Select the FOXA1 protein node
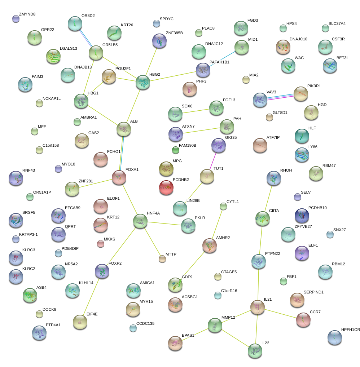tap(119, 177)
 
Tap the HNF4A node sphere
tap(140, 221)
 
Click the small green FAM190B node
tap(176, 149)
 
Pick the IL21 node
tap(258, 306)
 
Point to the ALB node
tap(124, 129)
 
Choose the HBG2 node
tap(143, 83)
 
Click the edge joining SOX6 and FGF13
tap(196, 111)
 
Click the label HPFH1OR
tap(351, 330)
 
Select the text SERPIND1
tap(314, 292)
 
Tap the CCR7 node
tap(303, 319)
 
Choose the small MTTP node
tap(162, 258)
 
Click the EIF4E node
tap(80, 322)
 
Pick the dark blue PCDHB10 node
tap(302, 215)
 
